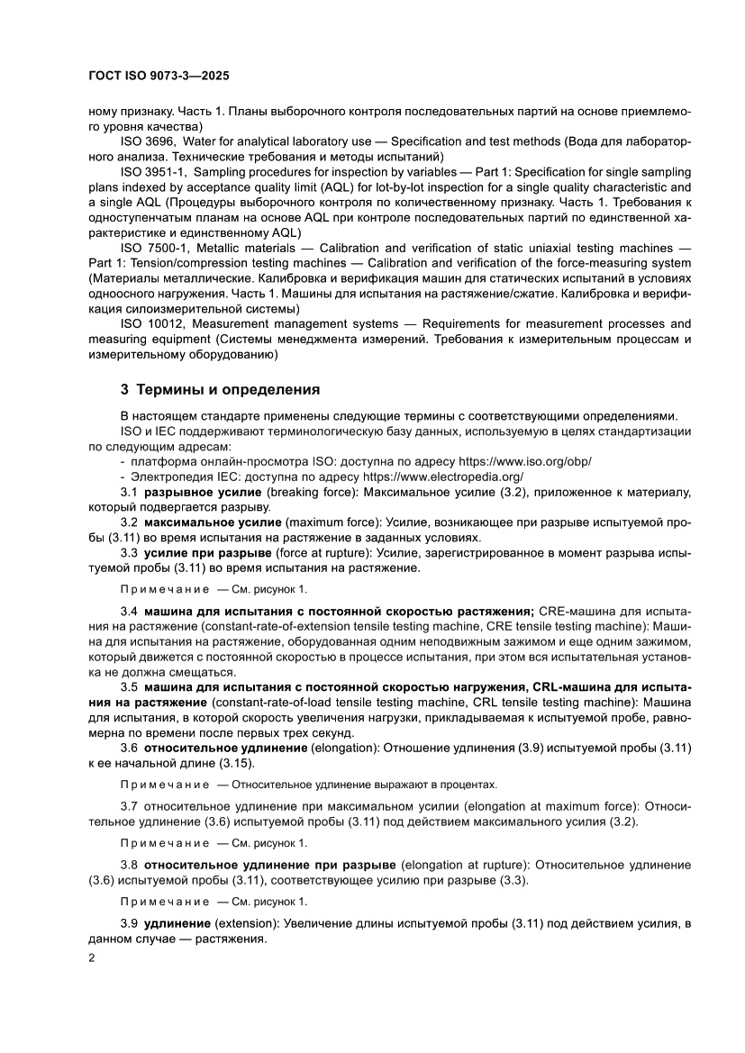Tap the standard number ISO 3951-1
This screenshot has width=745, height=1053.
point(153,171)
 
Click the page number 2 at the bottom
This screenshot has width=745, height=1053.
point(92,958)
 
